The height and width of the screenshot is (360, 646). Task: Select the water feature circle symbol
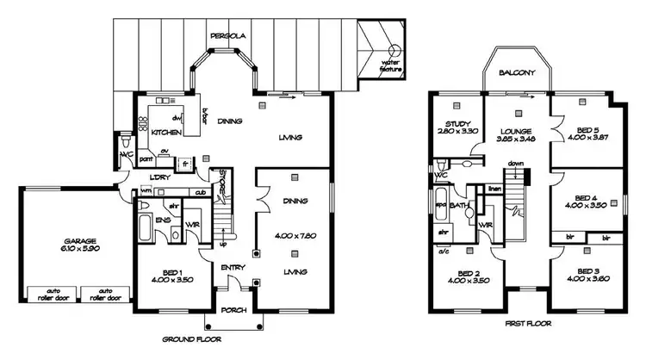(394, 50)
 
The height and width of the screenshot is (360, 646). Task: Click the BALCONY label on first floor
(517, 73)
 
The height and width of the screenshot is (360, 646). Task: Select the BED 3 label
(587, 270)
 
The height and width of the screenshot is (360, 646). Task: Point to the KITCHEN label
(165, 134)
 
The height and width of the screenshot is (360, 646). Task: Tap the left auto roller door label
(44, 294)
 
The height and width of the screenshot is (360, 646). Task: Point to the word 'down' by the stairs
(516, 164)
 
